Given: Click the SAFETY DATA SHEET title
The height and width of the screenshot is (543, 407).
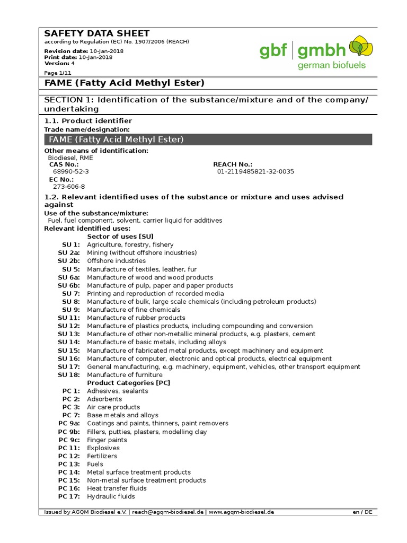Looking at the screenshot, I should tap(96, 33).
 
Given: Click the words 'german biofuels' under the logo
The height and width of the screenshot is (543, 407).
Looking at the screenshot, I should tap(331, 66).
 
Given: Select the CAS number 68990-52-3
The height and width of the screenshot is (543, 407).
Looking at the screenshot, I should tap(71, 172).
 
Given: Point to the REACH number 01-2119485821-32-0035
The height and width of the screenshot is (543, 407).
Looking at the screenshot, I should tap(255, 172).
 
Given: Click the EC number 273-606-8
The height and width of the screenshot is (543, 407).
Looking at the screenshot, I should tap(69, 187).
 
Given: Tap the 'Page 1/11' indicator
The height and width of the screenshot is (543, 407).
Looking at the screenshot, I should tap(58, 72).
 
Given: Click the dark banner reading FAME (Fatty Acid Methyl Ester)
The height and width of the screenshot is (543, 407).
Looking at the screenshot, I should tap(208, 139).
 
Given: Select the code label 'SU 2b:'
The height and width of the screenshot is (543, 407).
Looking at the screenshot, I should tap(69, 261).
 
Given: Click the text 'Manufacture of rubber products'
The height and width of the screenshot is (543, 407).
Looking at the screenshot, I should tap(136, 318).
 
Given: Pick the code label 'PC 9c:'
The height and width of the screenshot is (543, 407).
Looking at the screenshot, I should tap(69, 440).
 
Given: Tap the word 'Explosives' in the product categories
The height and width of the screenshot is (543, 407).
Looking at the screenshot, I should tap(103, 448).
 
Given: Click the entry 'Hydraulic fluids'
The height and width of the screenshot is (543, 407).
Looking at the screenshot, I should tap(111, 496).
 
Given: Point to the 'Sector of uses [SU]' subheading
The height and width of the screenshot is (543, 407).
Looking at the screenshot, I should tap(120, 237).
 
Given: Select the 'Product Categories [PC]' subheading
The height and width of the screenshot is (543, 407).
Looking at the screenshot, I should tap(129, 382).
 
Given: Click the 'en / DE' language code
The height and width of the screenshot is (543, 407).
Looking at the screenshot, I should tap(362, 512).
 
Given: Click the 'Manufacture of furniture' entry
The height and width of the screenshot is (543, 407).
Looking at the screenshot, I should tap(125, 374).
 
